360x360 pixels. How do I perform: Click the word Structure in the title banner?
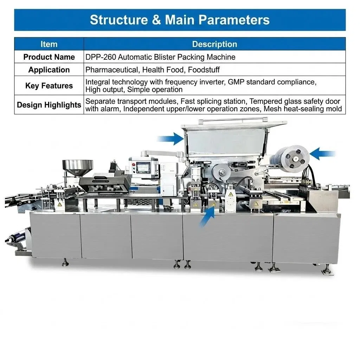coord(119,20)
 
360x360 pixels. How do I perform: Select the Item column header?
coord(49,44)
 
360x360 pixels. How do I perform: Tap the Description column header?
coord(214,44)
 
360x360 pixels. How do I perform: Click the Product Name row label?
coord(49,57)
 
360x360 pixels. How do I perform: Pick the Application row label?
coord(49,70)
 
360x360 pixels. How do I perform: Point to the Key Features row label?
coord(49,86)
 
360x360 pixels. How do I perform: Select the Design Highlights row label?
coord(49,105)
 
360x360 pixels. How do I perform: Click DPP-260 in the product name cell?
coord(101,57)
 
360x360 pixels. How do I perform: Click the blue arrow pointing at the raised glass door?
coord(171,139)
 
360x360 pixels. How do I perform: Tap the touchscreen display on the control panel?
coord(143,168)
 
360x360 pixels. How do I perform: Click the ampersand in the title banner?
coord(156,20)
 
